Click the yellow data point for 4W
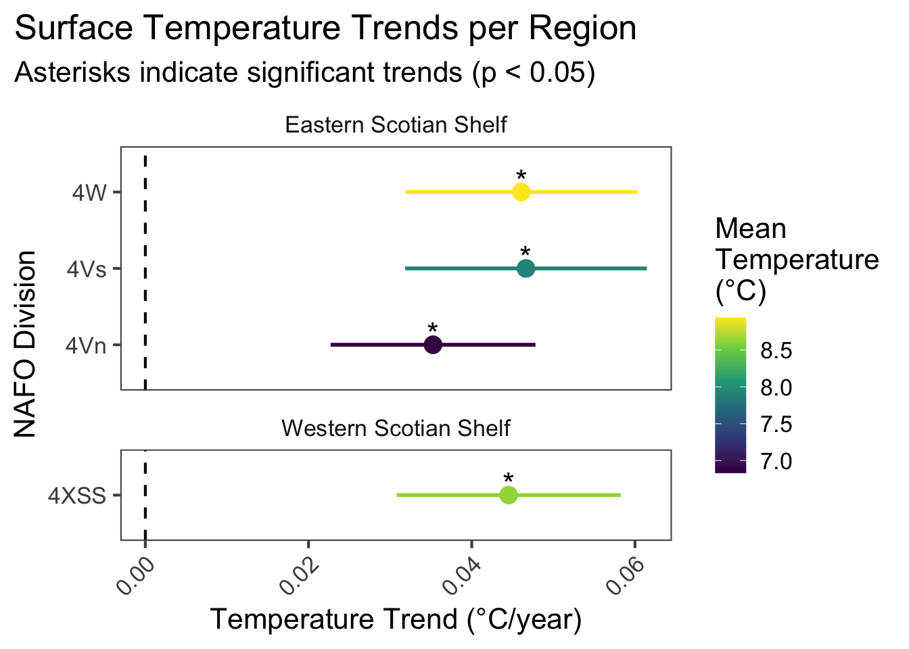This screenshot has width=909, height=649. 521,192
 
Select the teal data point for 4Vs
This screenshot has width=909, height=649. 526,268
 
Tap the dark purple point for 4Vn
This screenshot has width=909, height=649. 433,345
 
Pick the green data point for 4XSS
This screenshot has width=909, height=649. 509,496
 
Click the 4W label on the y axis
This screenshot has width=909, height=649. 89,193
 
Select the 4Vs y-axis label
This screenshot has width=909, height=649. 87,269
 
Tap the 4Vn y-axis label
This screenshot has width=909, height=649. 86,345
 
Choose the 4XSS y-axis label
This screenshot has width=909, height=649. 77,496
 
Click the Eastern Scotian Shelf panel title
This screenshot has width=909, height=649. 396,125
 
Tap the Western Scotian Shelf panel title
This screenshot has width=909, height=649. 396,429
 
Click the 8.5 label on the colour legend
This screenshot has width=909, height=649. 776,351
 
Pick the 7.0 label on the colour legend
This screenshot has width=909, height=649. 776,462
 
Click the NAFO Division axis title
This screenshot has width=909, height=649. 26,344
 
